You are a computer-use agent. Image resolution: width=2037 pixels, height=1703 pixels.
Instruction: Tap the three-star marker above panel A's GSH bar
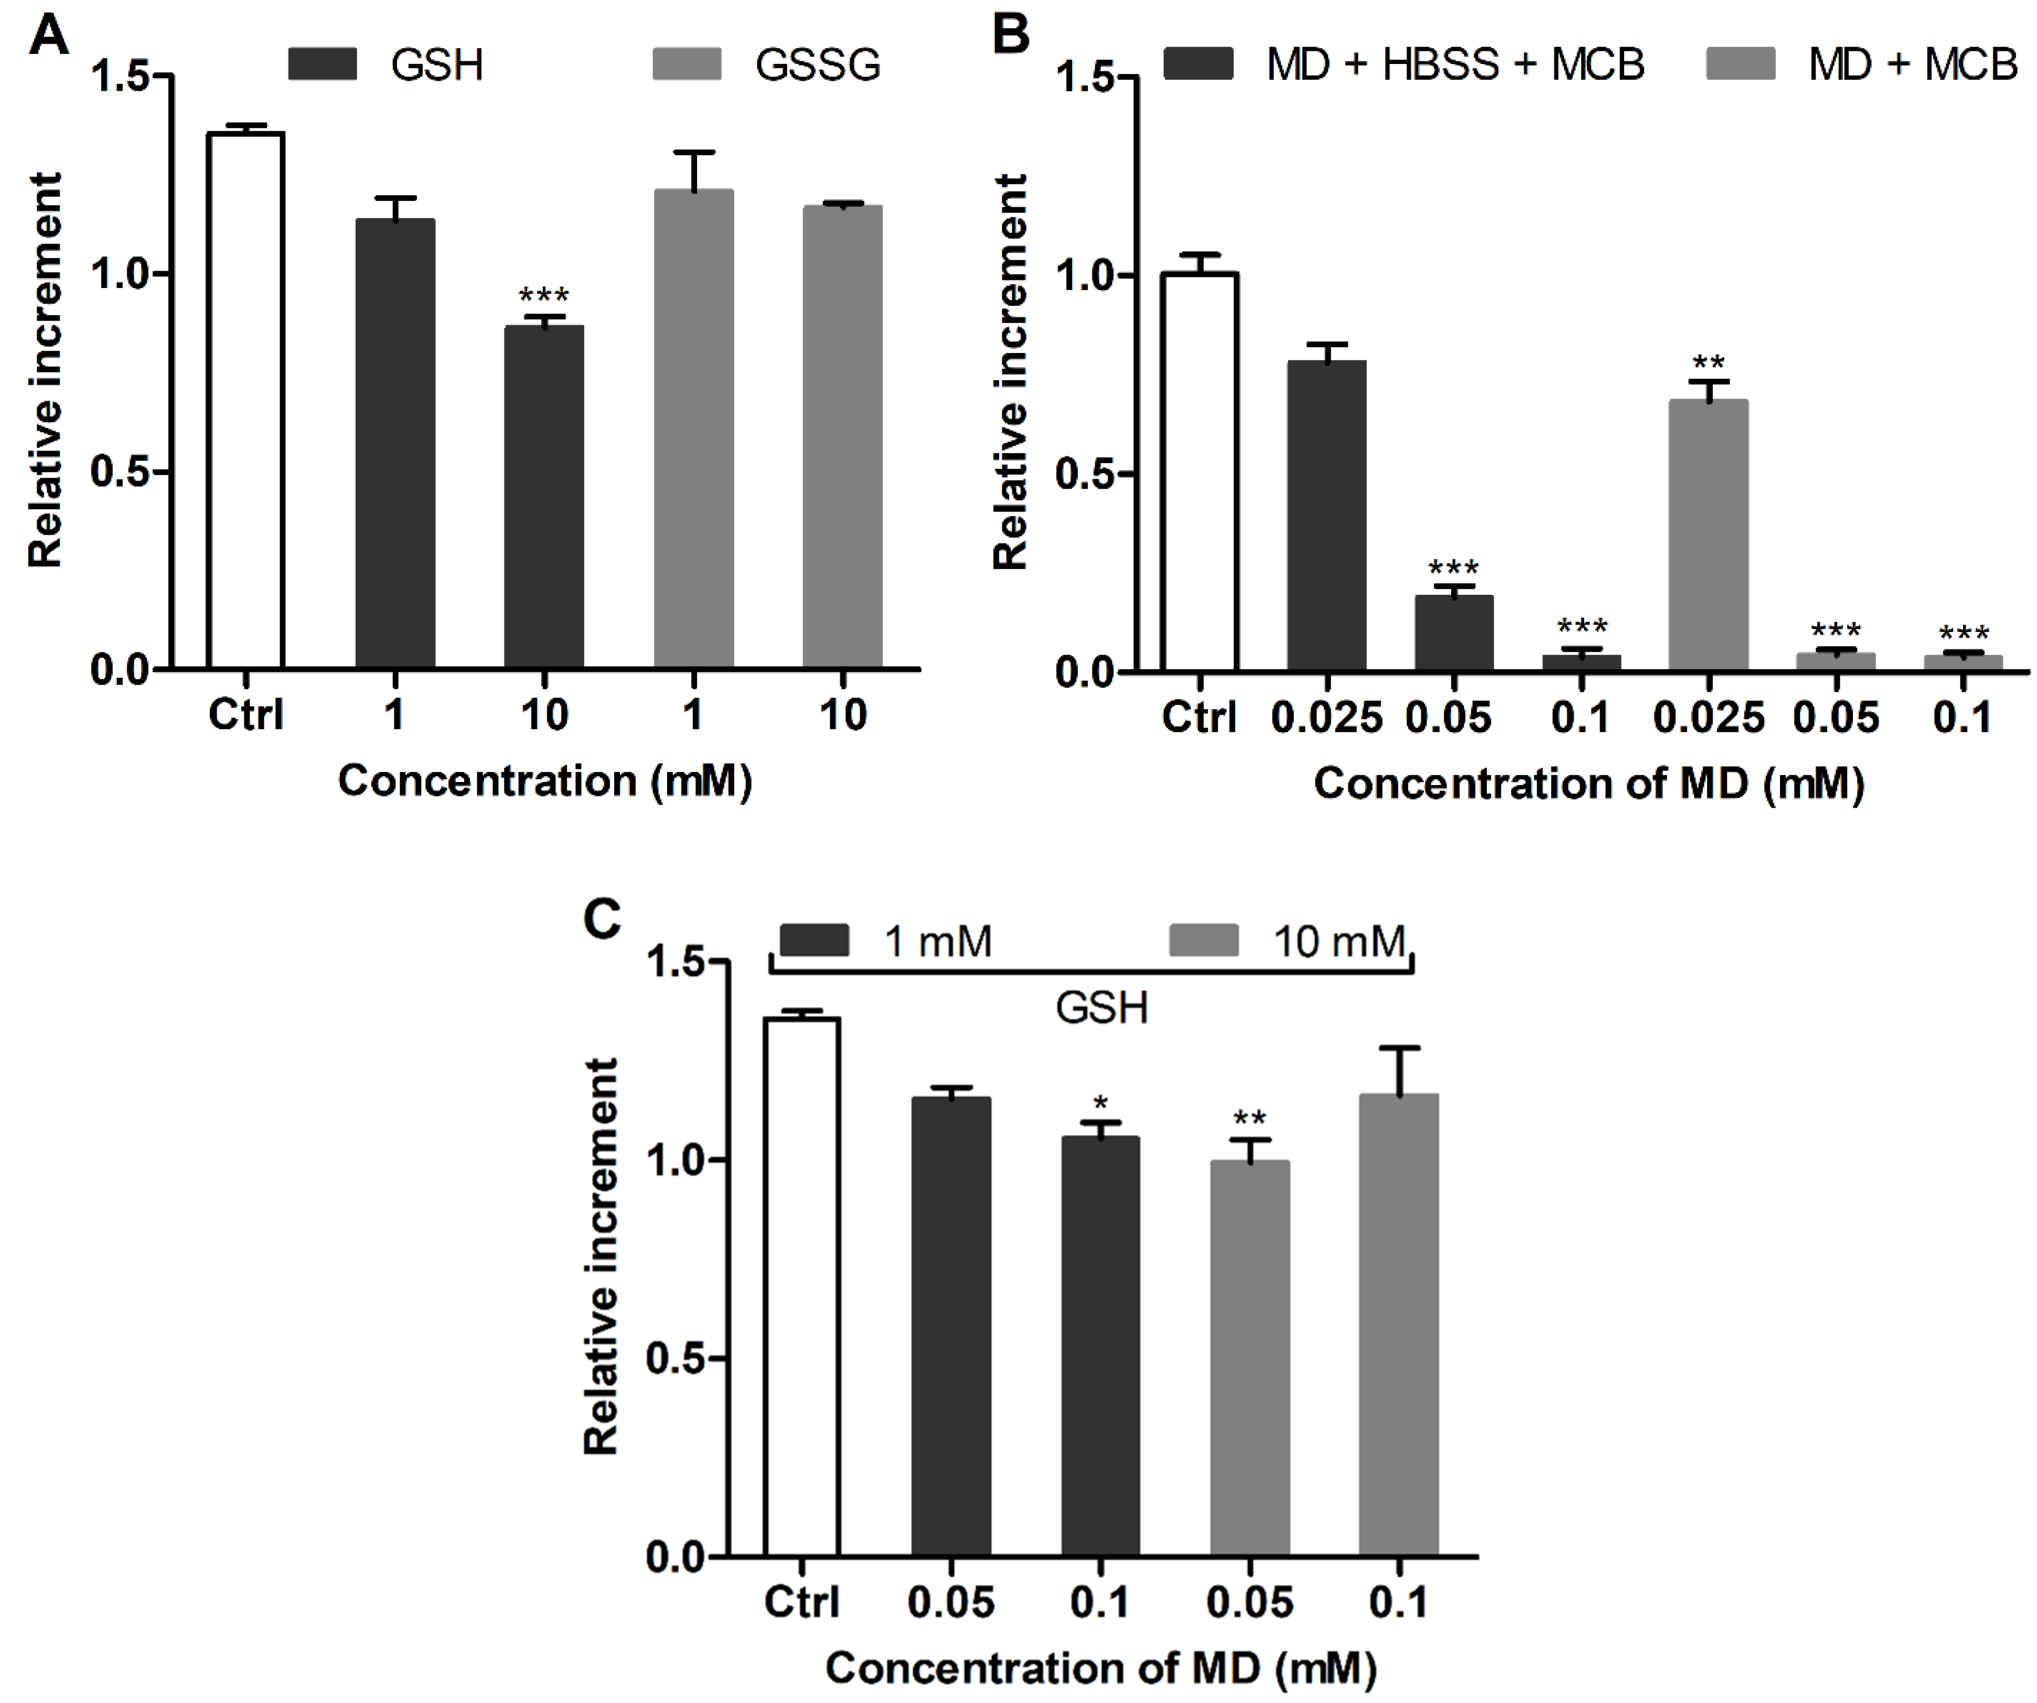543,295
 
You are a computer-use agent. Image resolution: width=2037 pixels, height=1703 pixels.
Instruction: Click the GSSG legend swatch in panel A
687,64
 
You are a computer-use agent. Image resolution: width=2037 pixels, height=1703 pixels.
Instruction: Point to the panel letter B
1011,35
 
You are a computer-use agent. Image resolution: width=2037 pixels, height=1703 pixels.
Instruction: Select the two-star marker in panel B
1708,363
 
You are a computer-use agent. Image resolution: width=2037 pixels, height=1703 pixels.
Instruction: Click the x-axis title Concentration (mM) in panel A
544,781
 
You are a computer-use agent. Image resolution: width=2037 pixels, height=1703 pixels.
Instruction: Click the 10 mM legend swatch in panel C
1203,940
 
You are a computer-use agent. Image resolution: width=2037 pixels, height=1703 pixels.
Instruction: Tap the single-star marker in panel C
1100,1102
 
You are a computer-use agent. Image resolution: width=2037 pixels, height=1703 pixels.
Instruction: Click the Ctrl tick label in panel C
801,1601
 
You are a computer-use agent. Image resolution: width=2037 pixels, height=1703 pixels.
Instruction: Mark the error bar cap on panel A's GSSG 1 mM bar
693,152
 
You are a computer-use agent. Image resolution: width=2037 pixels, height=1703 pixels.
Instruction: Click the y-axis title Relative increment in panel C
602,1256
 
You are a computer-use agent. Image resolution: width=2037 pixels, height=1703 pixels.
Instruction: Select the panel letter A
48,35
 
